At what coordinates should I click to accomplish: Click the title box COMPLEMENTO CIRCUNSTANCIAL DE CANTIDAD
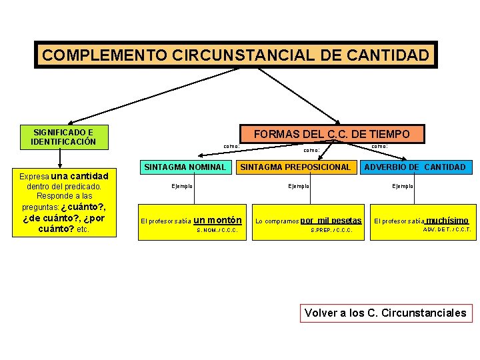coord(236,55)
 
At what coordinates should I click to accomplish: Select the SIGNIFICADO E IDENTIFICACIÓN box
coord(64,137)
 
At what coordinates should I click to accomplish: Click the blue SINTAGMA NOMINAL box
coord(185,167)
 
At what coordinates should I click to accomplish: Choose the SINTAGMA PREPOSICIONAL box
coord(295,167)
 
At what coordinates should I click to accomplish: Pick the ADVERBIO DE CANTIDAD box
coord(414,167)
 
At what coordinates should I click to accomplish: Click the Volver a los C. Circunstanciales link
coord(385,313)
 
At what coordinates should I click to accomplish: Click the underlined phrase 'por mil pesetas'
coord(331,221)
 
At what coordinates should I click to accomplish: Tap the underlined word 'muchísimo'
coord(447,221)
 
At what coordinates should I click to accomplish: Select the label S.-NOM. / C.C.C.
coord(218,231)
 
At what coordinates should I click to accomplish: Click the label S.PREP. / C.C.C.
coord(331,231)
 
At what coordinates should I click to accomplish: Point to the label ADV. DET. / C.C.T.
coord(447,230)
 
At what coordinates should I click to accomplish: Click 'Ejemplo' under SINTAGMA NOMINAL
coord(181,186)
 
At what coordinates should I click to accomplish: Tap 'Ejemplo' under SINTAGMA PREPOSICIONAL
coord(298,186)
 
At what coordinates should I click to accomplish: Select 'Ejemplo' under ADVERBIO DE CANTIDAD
coord(403,186)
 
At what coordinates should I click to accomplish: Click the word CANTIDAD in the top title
coord(393,55)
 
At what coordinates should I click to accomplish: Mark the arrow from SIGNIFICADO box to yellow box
coord(60,157)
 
